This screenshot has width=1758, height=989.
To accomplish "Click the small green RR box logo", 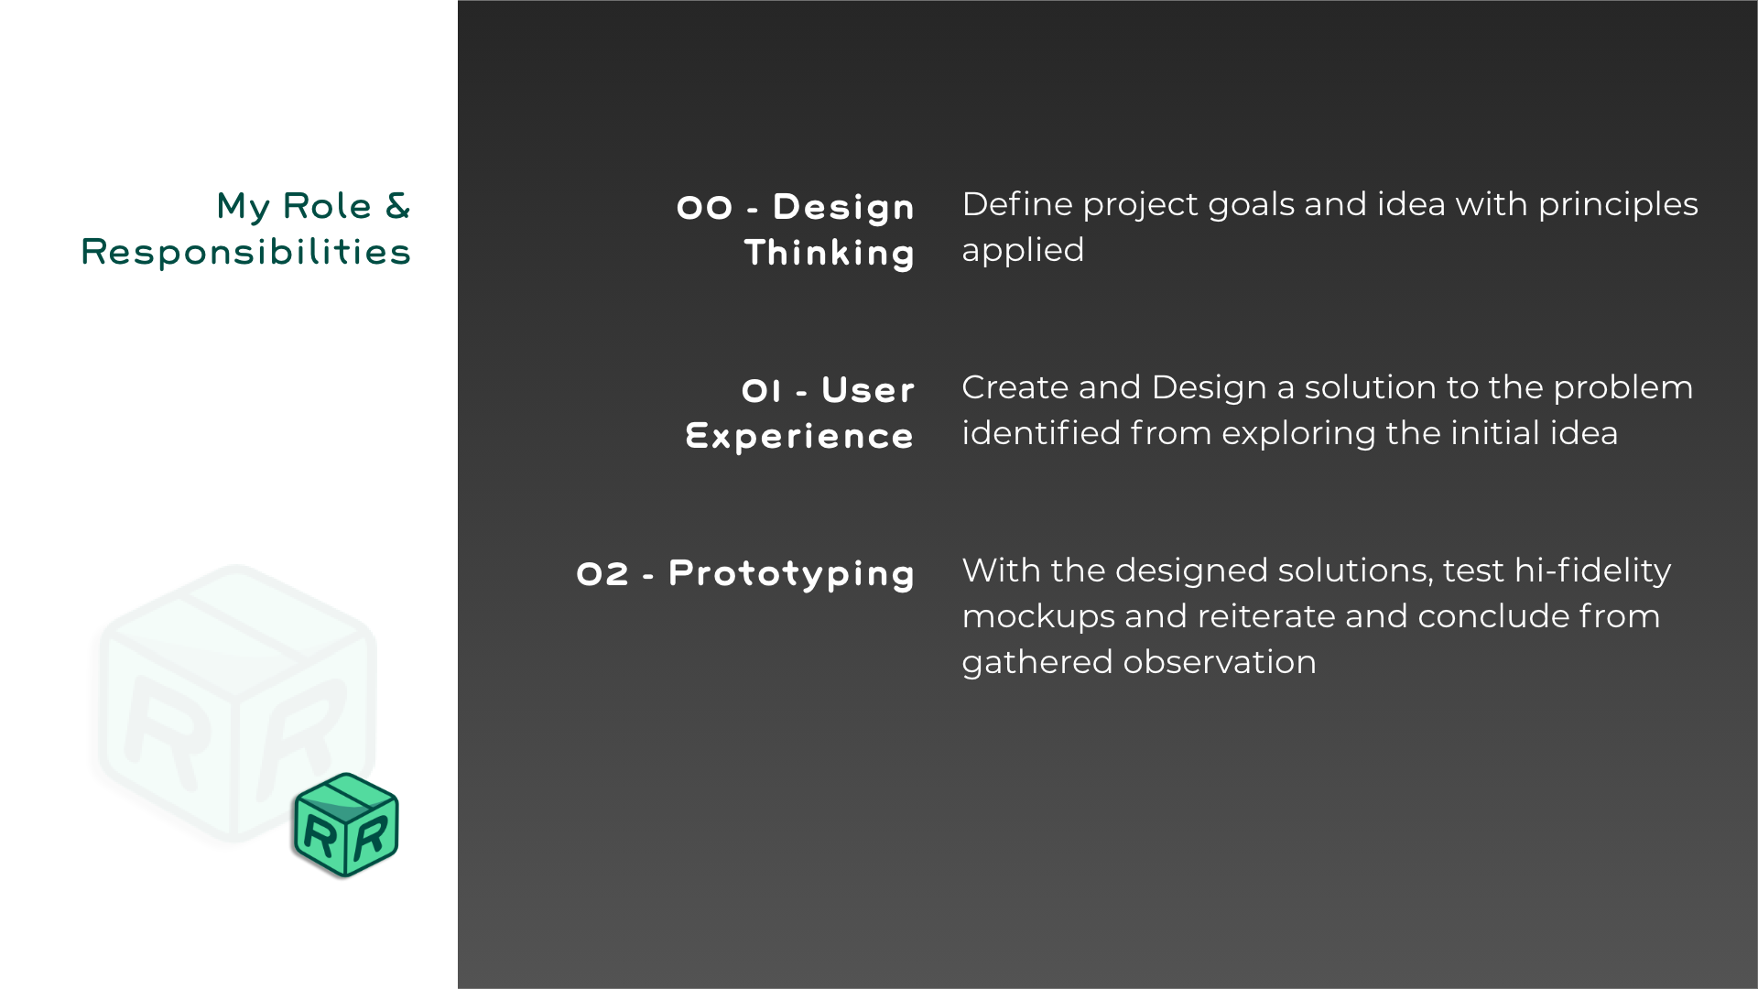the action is [x=346, y=825].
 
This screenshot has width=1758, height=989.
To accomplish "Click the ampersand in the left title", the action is [x=397, y=206].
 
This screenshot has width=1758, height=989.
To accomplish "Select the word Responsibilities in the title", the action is [x=245, y=252].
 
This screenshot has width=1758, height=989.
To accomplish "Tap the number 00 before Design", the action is [x=704, y=208].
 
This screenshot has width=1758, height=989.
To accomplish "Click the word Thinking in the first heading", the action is [x=830, y=253].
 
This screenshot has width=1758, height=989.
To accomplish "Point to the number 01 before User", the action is [x=762, y=391].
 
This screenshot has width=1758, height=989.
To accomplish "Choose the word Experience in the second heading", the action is [x=799, y=436].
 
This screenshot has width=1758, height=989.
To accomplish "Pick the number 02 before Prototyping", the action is [x=602, y=574].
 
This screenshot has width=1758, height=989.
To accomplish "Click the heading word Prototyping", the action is [x=791, y=574].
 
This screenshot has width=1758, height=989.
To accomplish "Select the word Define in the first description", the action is [x=1017, y=204].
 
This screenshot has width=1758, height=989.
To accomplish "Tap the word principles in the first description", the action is [x=1618, y=205].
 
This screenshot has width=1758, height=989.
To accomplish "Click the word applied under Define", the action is [x=1023, y=251].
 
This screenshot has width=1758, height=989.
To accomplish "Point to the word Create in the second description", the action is [x=1015, y=387].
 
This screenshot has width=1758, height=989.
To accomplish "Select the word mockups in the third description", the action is [x=1038, y=617].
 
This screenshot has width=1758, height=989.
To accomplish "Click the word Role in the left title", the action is [x=327, y=206].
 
